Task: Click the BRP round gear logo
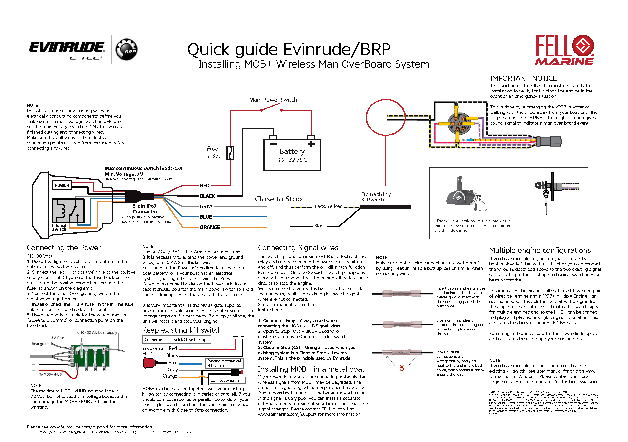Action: pyautogui.click(x=126, y=50)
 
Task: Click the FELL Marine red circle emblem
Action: pyautogui.click(x=583, y=46)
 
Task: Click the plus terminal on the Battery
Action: pyautogui.click(x=311, y=144)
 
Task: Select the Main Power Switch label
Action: pyautogui.click(x=273, y=100)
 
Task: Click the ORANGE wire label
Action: pyautogui.click(x=210, y=227)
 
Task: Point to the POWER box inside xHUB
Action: pyautogui.click(x=62, y=185)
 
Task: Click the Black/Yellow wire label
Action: pyautogui.click(x=327, y=206)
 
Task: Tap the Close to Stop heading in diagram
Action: pyautogui.click(x=278, y=199)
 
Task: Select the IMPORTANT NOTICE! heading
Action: pyautogui.click(x=524, y=78)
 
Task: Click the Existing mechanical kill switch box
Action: pyautogui.click(x=224, y=363)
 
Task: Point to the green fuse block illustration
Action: pyautogui.click(x=90, y=356)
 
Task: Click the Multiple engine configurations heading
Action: pyautogui.click(x=540, y=250)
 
